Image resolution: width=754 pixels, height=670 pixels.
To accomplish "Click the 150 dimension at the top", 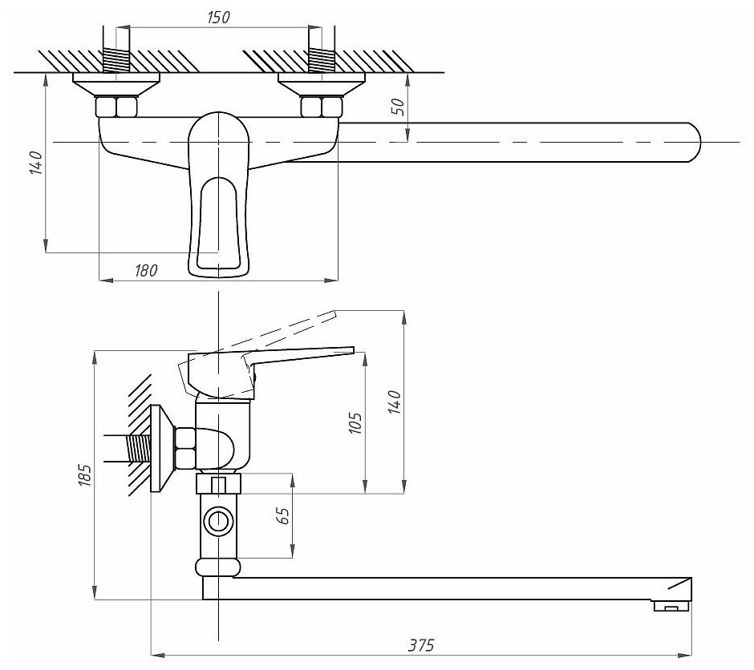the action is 217,18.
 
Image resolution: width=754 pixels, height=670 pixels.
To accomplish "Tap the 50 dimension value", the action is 399,107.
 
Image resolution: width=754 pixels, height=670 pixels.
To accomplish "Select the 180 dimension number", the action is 146,269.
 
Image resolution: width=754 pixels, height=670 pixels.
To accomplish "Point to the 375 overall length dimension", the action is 420,644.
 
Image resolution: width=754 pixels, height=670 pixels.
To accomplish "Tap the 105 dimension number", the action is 357,422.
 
